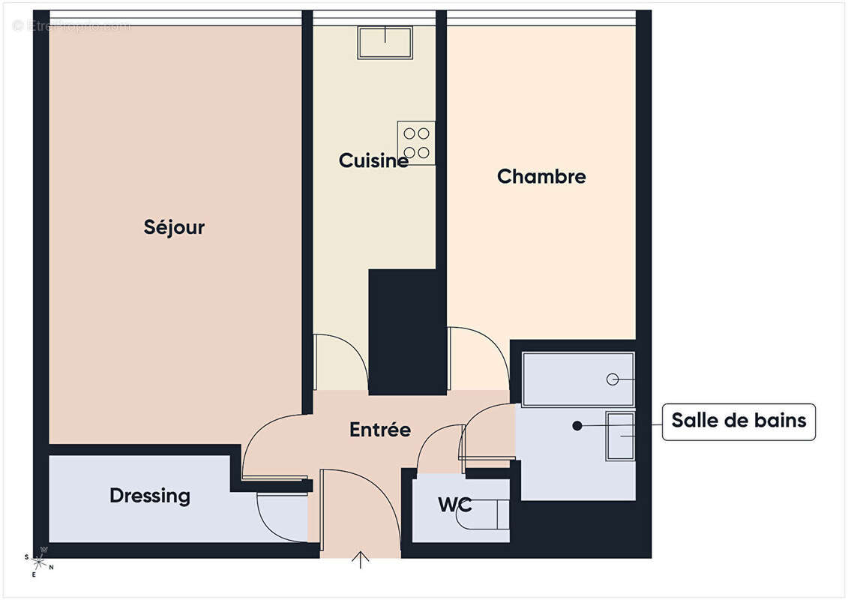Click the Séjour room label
[174, 227]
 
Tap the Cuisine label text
[373, 160]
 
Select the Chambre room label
[541, 176]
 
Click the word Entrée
[380, 430]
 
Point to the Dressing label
[150, 496]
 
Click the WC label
[455, 505]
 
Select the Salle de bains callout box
[739, 421]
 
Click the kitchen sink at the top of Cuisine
[385, 42]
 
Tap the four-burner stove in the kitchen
[416, 142]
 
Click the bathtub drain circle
[613, 379]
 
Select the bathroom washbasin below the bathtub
[620, 436]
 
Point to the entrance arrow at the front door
[361, 559]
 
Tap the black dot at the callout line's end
[577, 426]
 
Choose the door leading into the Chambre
[476, 356]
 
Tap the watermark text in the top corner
[71, 25]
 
